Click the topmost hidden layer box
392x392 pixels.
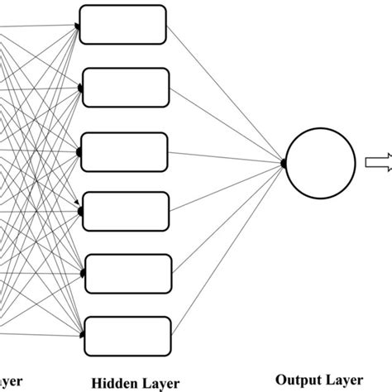point(124,25)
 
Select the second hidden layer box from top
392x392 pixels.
point(126,88)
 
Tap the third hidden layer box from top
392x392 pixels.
point(126,151)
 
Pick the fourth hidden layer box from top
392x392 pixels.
point(126,212)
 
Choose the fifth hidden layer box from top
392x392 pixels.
point(127,275)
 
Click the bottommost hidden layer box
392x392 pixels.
point(127,336)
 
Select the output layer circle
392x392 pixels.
point(315,164)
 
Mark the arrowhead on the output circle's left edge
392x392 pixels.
point(284,164)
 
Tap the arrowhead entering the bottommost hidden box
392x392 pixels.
point(80,336)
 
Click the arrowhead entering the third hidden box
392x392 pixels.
point(80,151)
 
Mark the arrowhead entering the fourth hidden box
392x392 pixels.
point(80,212)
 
